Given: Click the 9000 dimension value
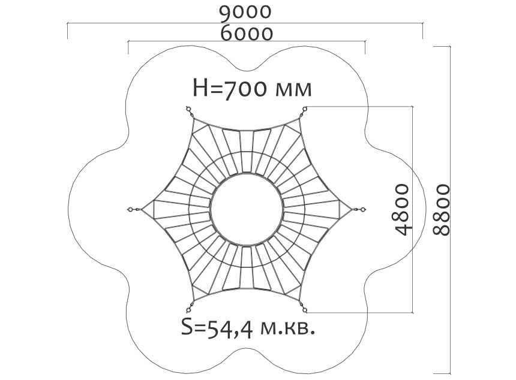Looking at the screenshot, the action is pyautogui.click(x=245, y=12).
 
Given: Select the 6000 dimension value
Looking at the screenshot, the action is pyautogui.click(x=247, y=33).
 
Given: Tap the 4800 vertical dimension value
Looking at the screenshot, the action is pyautogui.click(x=403, y=210).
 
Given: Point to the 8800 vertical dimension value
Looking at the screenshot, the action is pyautogui.click(x=441, y=210).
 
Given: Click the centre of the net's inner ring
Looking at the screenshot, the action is pyautogui.click(x=247, y=210).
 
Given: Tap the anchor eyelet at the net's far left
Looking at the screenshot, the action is pyautogui.click(x=130, y=209).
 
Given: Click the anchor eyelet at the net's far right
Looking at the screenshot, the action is pyautogui.click(x=364, y=209).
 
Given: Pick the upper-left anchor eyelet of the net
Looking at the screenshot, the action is pyautogui.click(x=188, y=108).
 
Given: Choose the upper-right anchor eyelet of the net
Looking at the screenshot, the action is pyautogui.click(x=305, y=108).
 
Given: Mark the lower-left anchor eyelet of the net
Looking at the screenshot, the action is pyautogui.click(x=188, y=310).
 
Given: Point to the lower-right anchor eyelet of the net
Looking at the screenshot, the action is pyautogui.click(x=305, y=310).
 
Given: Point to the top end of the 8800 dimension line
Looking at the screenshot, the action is pyautogui.click(x=450, y=46).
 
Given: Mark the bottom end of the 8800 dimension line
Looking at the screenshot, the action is pyautogui.click(x=450, y=373).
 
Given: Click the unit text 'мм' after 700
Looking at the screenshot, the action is pyautogui.click(x=293, y=90).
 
